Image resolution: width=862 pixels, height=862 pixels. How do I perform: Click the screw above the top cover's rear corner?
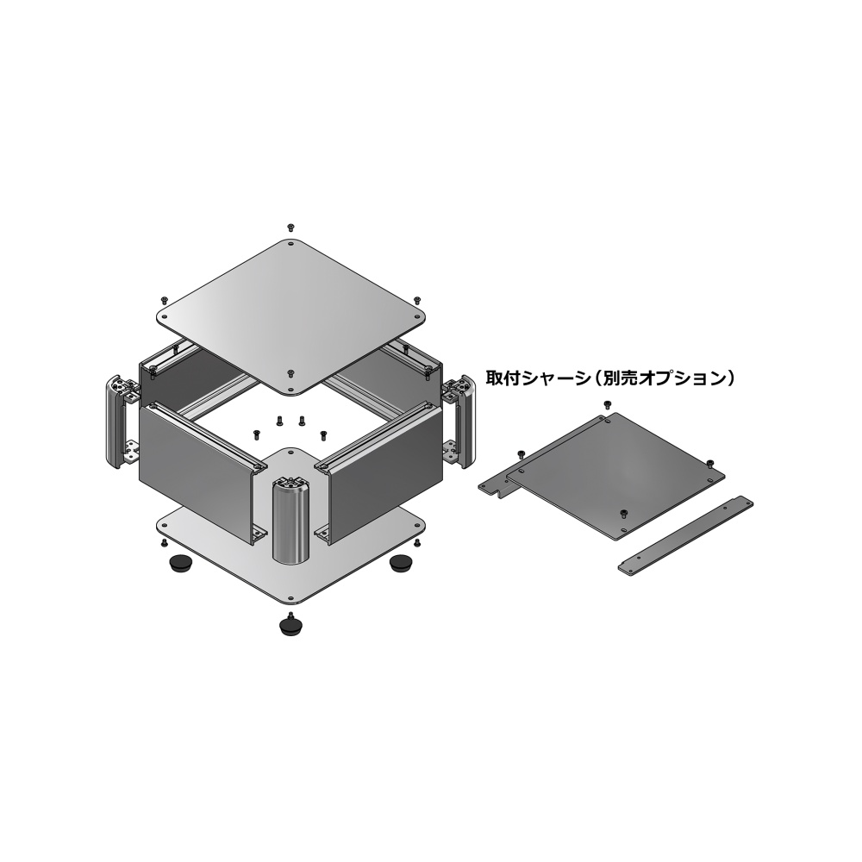(291, 226)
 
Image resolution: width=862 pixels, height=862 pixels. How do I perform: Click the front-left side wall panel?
(196, 470)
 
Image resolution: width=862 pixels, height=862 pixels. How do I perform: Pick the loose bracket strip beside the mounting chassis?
(685, 534)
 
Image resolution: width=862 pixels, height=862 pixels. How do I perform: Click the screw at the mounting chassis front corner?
(623, 514)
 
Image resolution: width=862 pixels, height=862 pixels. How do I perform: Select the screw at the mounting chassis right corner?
(709, 463)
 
